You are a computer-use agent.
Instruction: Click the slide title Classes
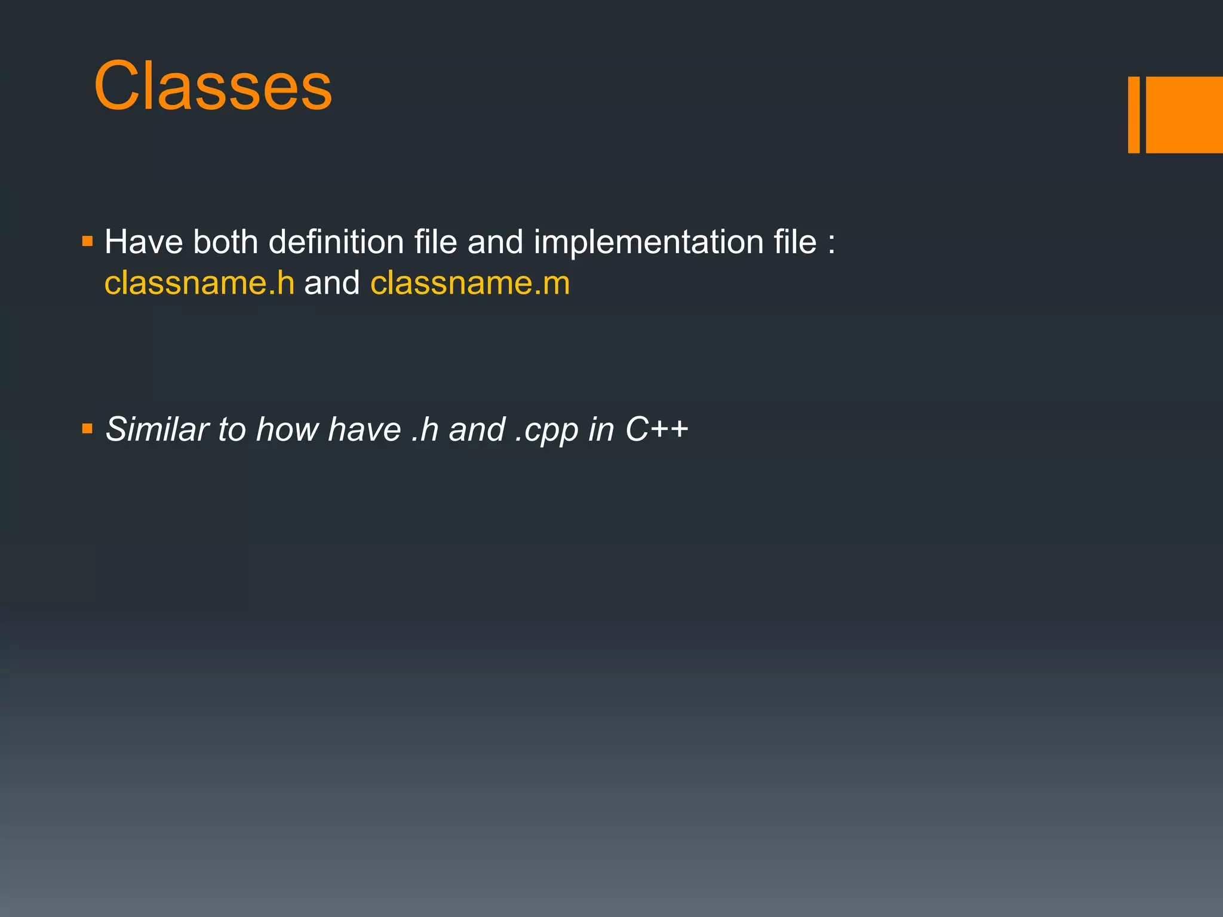click(x=213, y=87)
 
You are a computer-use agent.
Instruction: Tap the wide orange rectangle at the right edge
click(x=1184, y=115)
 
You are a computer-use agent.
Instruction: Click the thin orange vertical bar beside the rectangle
click(x=1133, y=115)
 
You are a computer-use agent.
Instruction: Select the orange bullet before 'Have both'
click(x=88, y=242)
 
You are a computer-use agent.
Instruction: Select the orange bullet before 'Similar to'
click(x=88, y=429)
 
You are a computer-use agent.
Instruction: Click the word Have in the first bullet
click(x=143, y=242)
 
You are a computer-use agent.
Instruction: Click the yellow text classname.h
click(x=199, y=283)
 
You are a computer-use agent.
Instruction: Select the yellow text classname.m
click(x=470, y=283)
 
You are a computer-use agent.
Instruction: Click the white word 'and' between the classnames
click(x=332, y=283)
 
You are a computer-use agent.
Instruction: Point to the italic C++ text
click(x=657, y=429)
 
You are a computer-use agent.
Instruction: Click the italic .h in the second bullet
click(x=425, y=429)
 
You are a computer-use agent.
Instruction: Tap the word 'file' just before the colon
click(x=795, y=242)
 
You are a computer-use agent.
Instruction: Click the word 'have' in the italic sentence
click(x=364, y=429)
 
